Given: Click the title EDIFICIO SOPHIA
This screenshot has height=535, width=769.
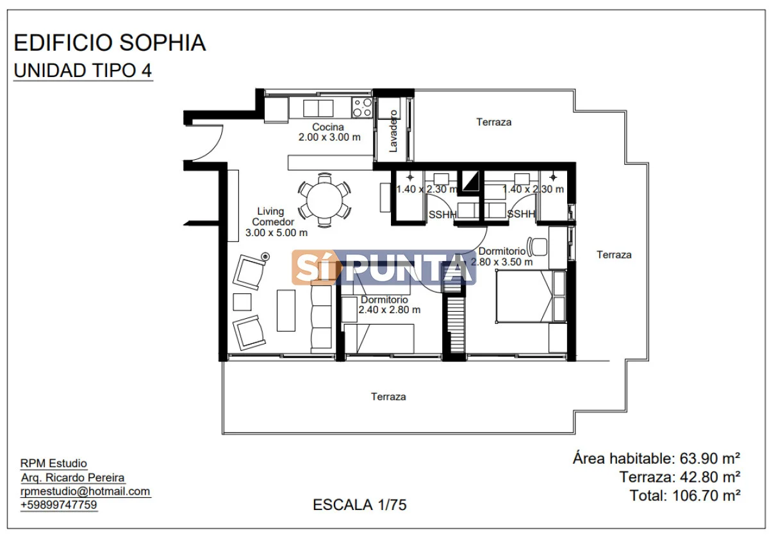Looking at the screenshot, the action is [x=110, y=43].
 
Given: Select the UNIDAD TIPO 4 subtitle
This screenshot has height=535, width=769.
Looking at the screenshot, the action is [x=83, y=71].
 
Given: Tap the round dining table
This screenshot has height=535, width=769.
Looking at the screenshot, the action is [x=324, y=200].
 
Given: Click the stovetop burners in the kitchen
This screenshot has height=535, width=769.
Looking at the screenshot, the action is [x=362, y=108].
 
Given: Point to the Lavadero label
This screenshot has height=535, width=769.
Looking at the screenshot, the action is [x=393, y=131].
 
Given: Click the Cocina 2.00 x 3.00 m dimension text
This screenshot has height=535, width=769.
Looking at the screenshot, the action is [x=329, y=132].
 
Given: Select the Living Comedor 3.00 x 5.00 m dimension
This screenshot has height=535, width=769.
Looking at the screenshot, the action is [x=276, y=222].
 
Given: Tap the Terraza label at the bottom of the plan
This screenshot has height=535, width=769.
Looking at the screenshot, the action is [x=388, y=397].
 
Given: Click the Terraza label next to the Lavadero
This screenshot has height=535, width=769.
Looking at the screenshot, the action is [x=493, y=122].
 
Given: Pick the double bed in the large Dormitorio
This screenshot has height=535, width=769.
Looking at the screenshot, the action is [x=531, y=296].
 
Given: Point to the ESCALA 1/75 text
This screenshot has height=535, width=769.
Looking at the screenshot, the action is [x=360, y=505].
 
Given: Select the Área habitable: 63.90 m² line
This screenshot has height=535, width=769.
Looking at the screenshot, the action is [x=656, y=459].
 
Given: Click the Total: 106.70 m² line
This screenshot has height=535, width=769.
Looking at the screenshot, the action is [x=685, y=495].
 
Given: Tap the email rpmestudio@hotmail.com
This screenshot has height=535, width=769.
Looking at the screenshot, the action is [x=85, y=492].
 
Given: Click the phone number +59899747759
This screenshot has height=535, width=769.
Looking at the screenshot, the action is [x=59, y=505].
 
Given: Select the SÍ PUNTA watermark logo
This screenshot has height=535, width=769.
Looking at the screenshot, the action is [x=383, y=267].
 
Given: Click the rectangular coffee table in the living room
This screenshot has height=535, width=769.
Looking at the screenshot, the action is [x=286, y=310].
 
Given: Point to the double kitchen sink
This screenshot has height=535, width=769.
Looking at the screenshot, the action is [x=318, y=108].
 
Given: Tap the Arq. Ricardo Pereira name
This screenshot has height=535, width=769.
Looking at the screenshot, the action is [x=73, y=478].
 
